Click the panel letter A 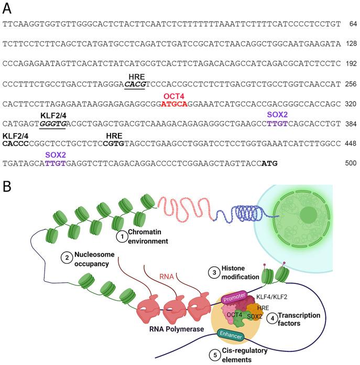point(8,7)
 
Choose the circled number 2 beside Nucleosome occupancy point(67,257)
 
